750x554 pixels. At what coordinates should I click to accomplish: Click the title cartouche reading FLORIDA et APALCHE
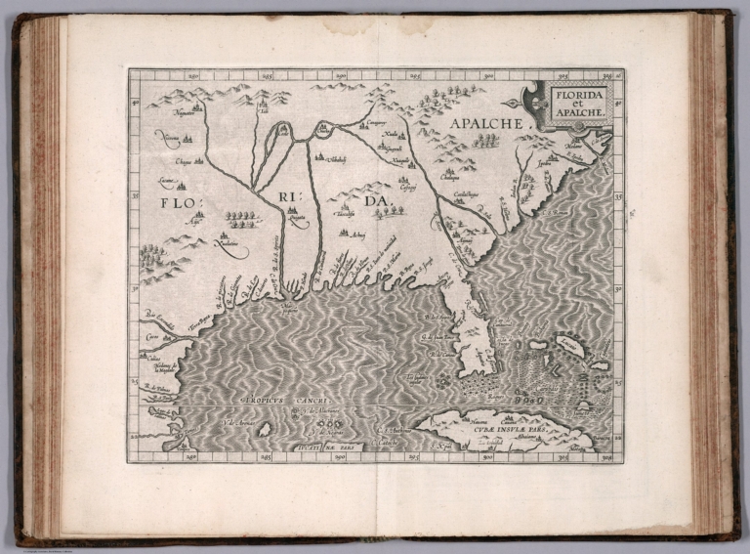click(581, 104)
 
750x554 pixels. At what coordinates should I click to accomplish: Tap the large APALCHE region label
click(486, 123)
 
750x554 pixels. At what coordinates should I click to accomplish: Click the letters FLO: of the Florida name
click(175, 203)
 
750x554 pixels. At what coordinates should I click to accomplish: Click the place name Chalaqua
click(449, 177)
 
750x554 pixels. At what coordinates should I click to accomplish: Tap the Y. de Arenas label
click(238, 421)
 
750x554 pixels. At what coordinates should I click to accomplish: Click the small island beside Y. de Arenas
click(264, 428)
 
